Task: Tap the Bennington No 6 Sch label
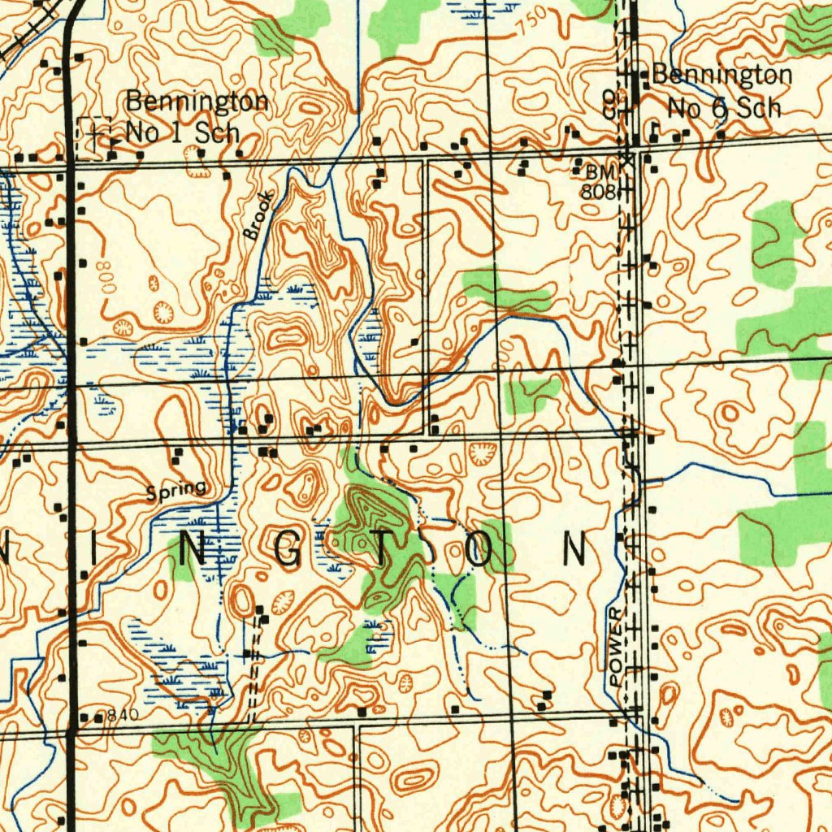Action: [721, 91]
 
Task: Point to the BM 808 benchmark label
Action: [600, 182]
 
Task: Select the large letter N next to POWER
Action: [575, 550]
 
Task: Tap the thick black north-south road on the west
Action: [71, 406]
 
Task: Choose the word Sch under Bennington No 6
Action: [764, 108]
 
